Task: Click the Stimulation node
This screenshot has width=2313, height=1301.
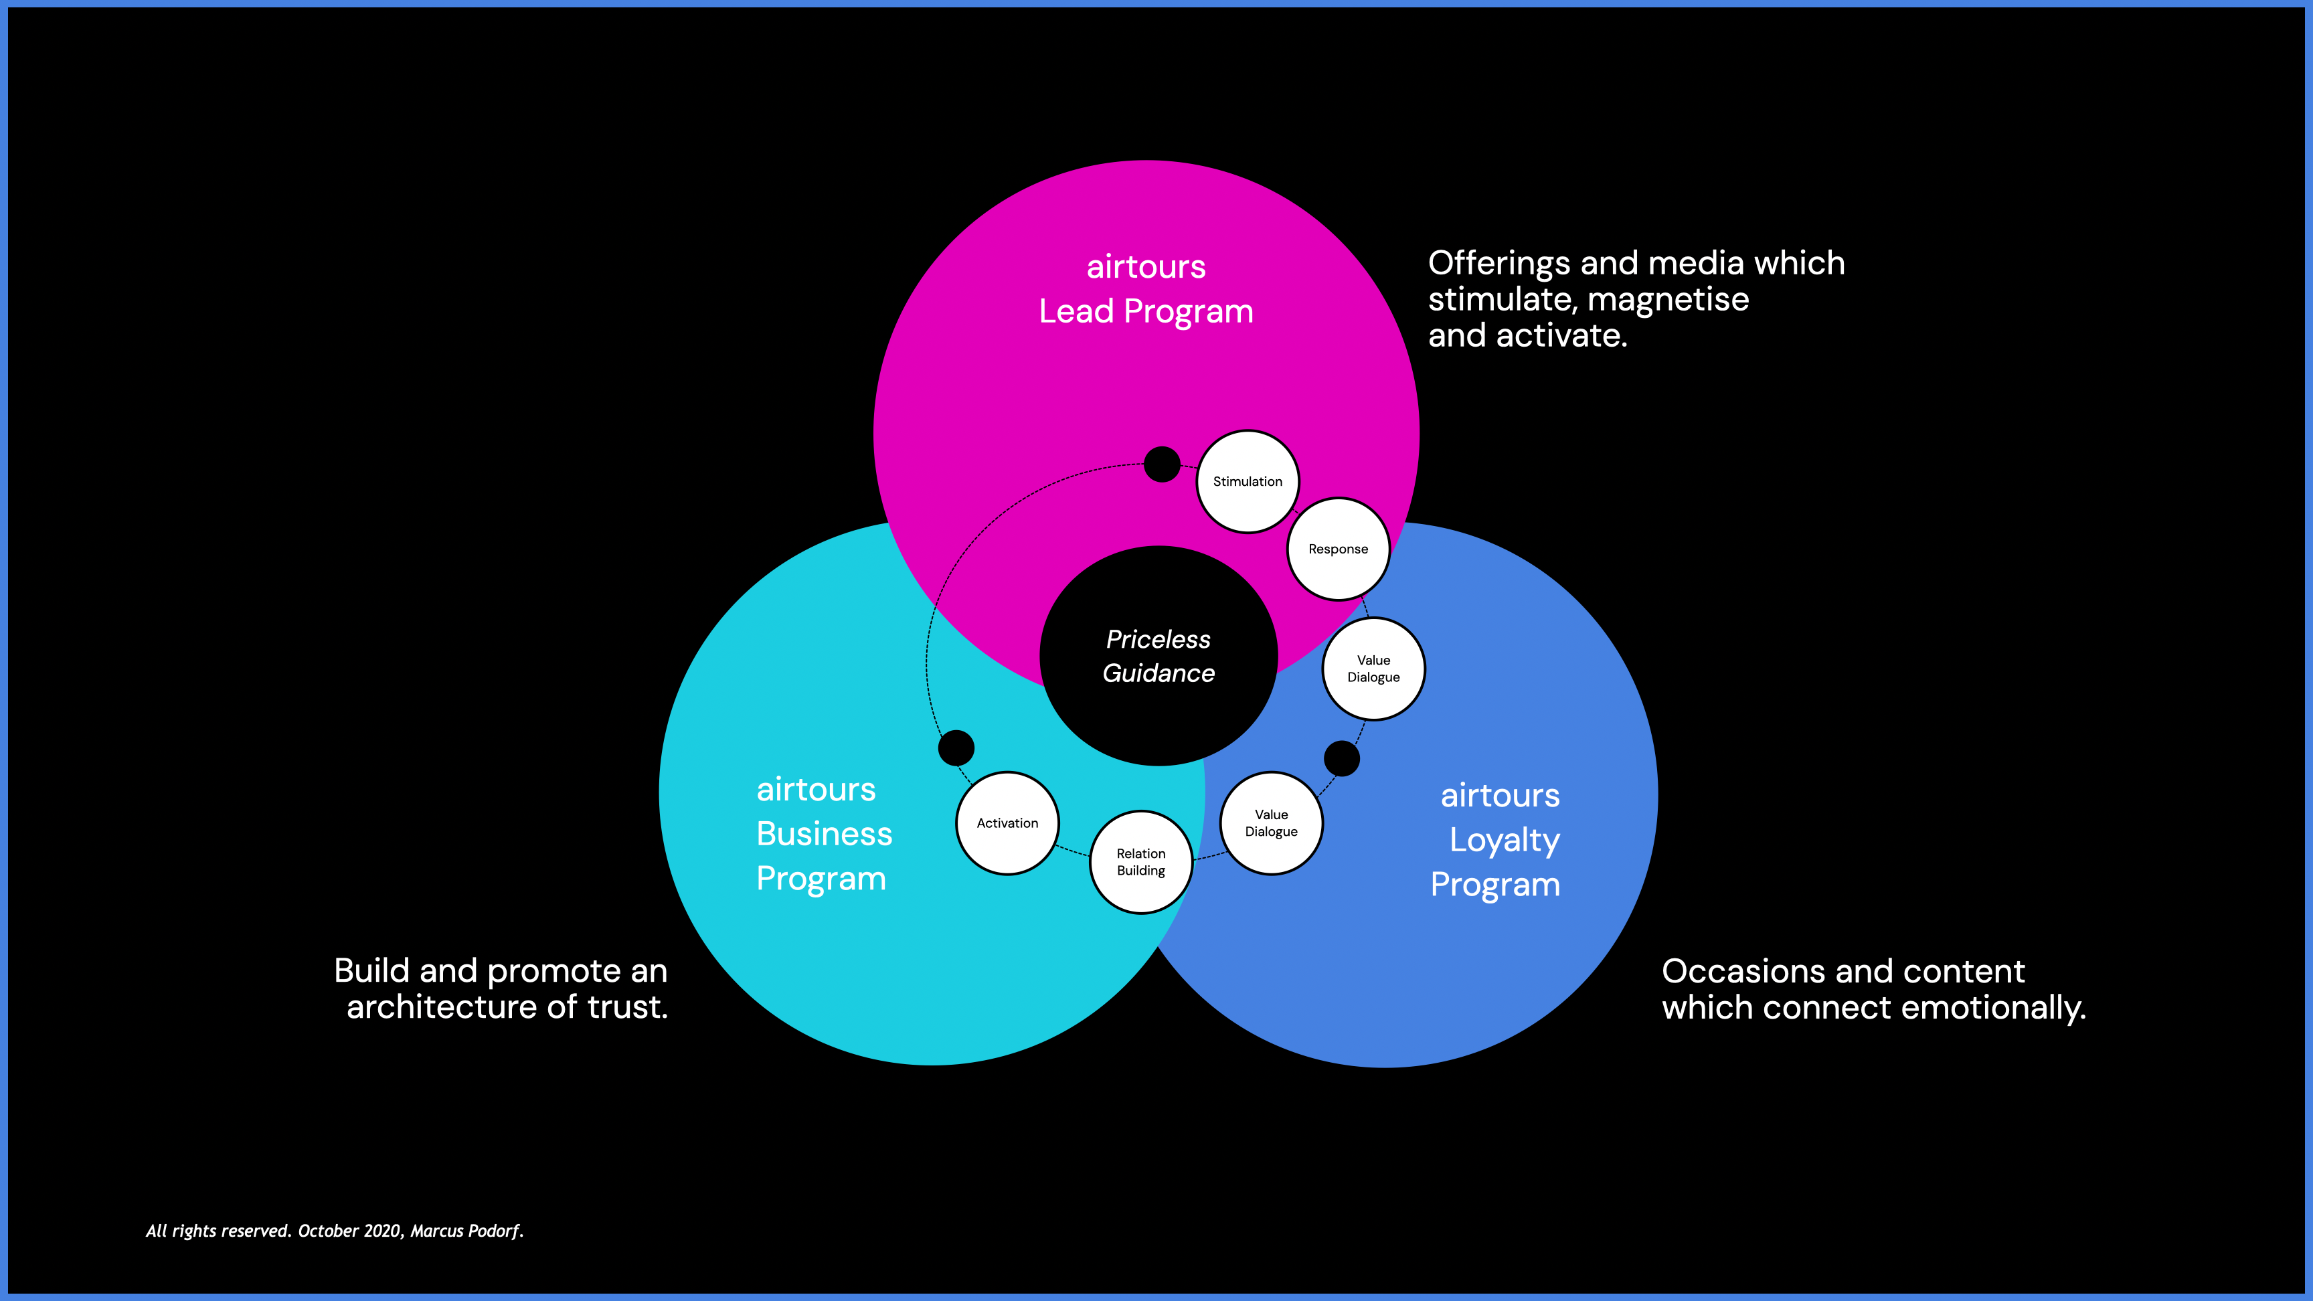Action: (1248, 481)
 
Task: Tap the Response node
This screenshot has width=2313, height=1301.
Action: (1338, 549)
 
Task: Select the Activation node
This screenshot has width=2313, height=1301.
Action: (1007, 822)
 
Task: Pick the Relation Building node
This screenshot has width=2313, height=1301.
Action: (1140, 862)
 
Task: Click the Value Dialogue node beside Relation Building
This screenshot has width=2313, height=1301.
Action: (1270, 822)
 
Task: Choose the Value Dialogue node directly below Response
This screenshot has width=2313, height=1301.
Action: (1373, 669)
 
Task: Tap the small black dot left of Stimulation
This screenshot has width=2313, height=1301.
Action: (1162, 464)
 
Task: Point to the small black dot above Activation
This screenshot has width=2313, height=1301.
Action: (955, 748)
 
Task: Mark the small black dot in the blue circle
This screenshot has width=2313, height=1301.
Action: (1341, 759)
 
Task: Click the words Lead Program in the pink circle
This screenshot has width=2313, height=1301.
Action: (1146, 312)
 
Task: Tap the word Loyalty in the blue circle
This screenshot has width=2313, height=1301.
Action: (1504, 841)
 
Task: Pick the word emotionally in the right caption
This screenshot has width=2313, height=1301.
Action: (1992, 1007)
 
